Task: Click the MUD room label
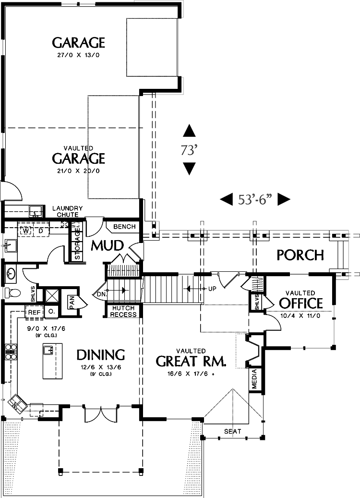108,245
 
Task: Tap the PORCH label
300,255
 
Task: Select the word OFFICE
301,303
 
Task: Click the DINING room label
101,354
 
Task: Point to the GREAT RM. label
191,361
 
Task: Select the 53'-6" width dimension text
255,199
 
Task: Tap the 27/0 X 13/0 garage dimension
78,55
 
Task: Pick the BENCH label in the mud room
124,227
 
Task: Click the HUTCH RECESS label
123,311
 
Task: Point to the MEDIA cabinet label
254,379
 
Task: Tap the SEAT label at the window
233,431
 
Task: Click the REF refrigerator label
34,312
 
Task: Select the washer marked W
27,231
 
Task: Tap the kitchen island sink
48,350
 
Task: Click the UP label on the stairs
212,289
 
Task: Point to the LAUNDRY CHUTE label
68,211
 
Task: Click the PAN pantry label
72,303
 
